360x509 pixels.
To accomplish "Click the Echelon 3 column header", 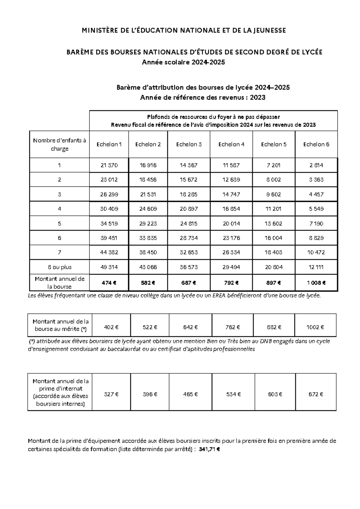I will (x=189, y=144).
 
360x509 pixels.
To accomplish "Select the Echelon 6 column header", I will (x=316, y=144).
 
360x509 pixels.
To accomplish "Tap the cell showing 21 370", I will (x=109, y=165).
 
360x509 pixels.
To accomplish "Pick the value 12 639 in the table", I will (x=231, y=180).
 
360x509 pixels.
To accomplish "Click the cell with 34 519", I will (x=109, y=224).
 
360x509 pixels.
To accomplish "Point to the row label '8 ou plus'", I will (x=59, y=267).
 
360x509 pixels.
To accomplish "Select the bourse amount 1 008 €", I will (x=316, y=283).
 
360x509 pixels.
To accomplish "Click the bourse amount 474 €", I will (x=109, y=283).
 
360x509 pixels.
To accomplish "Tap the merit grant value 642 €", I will (x=190, y=327).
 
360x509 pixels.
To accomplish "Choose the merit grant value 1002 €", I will (x=315, y=327).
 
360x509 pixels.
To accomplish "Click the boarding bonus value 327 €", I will (x=111, y=394).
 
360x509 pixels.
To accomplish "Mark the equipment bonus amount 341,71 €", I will (x=209, y=449).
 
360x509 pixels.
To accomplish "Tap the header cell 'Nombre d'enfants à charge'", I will (x=59, y=144).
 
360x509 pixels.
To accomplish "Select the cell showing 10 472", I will (x=316, y=252).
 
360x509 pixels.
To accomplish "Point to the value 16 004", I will (x=274, y=238).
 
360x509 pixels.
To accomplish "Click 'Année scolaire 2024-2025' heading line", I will (x=183, y=62).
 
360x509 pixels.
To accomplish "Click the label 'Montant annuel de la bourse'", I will (x=59, y=283).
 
